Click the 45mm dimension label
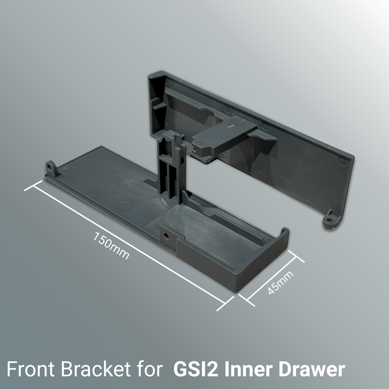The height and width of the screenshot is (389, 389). tap(280, 282)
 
